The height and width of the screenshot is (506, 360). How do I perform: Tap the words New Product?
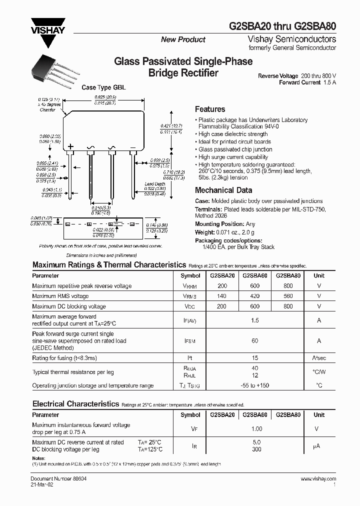coord(183,39)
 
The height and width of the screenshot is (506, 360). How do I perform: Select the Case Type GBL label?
coord(103,87)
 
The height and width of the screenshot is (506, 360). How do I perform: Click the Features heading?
coord(210,109)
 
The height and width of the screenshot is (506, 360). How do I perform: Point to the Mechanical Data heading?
coord(223,190)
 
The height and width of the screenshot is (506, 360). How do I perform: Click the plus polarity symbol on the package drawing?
coord(70,146)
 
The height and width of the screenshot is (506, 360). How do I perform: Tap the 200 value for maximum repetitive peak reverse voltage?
coord(222,286)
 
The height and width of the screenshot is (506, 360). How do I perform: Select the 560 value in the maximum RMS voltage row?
coord(288,296)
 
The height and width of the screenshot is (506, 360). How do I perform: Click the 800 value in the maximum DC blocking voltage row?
coord(288,306)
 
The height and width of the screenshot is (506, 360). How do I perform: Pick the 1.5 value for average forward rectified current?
coord(255,320)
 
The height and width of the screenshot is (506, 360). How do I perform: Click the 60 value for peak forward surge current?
coord(255,341)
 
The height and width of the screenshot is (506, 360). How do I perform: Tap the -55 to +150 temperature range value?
coord(255,385)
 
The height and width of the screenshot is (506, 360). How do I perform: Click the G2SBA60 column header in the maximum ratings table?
coord(254,275)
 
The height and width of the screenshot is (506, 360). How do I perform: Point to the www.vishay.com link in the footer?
coord(318,478)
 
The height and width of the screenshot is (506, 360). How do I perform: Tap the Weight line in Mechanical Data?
coord(224,232)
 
